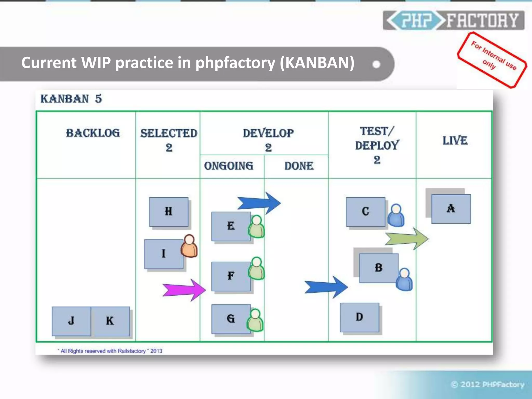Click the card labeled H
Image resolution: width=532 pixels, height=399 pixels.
point(169,212)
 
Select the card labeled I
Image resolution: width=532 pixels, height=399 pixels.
point(164,254)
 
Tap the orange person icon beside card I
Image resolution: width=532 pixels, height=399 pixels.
point(189,246)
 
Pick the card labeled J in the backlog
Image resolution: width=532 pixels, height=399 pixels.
point(71,321)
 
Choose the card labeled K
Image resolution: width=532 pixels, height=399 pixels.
point(110,321)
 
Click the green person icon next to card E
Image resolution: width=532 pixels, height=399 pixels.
point(256,227)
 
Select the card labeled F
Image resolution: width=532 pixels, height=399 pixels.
point(231,276)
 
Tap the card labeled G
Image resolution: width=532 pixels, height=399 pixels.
point(231,319)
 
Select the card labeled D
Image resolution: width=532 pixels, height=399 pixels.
point(360,317)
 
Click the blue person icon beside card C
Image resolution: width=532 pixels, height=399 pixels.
point(396,215)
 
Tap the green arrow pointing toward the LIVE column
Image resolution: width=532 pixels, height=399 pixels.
point(407,238)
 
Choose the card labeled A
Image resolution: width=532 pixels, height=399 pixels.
point(451,209)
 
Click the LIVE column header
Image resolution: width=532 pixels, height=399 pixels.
point(455,141)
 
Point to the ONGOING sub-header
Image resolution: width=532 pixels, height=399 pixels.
point(229,166)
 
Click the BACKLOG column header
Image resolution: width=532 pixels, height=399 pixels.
point(93,133)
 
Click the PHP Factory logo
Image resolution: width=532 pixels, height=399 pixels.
point(454,20)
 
